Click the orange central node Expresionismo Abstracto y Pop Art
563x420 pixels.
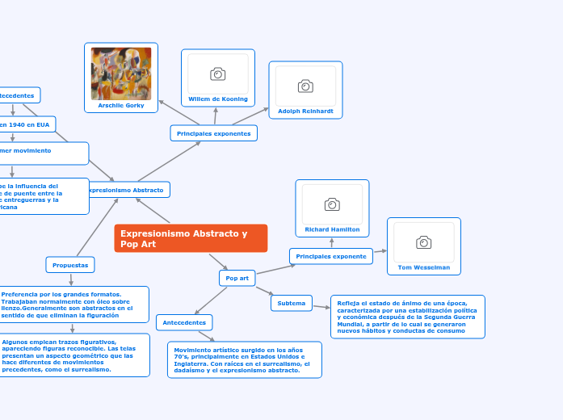point(191,238)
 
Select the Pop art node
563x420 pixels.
point(237,278)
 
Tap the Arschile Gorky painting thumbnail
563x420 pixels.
point(121,73)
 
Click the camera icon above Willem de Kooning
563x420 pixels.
point(217,74)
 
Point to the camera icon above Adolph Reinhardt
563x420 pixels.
point(305,86)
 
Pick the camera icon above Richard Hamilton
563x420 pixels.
point(332,204)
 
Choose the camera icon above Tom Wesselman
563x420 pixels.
point(423,242)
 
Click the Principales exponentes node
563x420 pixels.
point(213,133)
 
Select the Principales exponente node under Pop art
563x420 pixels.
point(331,256)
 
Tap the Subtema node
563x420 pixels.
point(292,304)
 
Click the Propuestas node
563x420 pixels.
point(70,265)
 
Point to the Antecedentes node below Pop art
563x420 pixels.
point(184,322)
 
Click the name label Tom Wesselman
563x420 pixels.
point(424,267)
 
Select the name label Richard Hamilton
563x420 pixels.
point(332,229)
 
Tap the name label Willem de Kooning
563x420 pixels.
point(218,99)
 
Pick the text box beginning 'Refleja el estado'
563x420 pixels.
point(407,317)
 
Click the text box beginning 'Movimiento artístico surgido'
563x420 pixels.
point(244,359)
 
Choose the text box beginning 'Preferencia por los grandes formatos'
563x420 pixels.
point(74,304)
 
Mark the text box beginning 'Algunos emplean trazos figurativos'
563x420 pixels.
point(74,355)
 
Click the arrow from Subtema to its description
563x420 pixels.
point(321,305)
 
